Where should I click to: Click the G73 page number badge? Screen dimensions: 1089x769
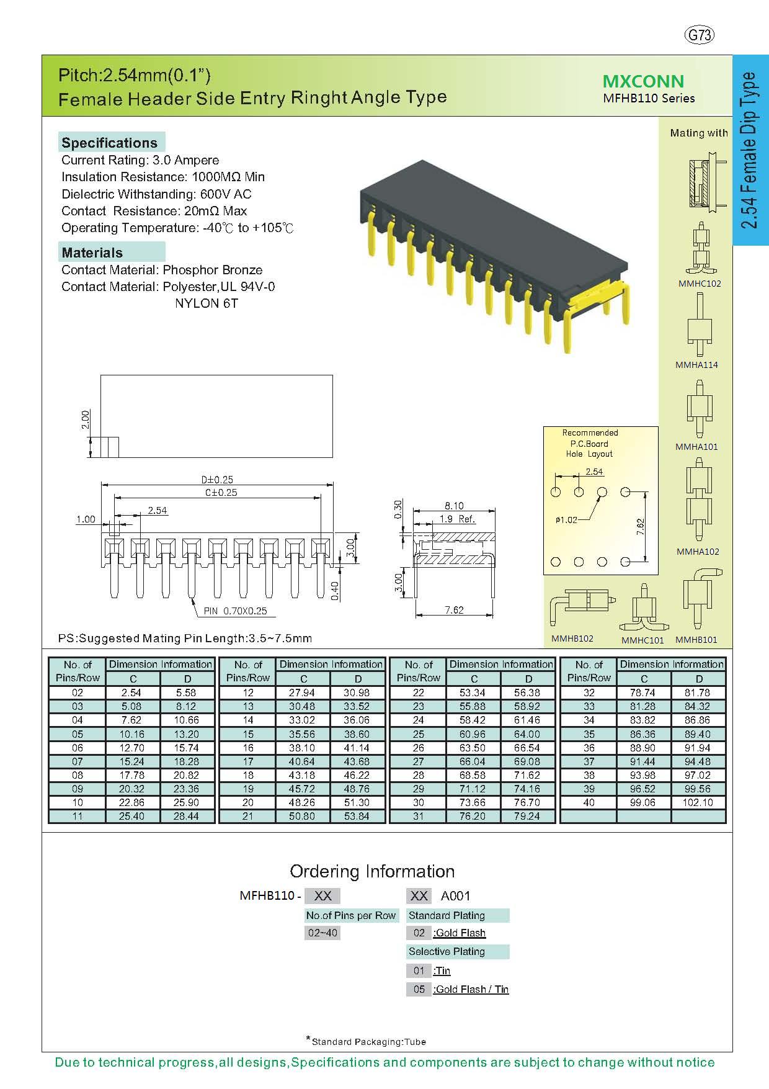[x=700, y=35]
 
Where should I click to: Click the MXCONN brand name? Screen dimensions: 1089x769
[x=643, y=81]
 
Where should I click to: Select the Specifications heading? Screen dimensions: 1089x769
[x=110, y=143]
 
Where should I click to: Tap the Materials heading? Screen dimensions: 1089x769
[x=92, y=253]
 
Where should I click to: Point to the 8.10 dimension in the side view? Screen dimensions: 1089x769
[x=454, y=506]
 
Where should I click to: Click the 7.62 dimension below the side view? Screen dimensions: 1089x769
[x=454, y=610]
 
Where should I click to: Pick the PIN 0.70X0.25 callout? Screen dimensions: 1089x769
[x=236, y=611]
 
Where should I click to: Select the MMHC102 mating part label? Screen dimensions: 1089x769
[x=700, y=284]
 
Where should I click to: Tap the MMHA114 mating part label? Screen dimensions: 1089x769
[x=696, y=365]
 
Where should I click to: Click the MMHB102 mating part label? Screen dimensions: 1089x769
[x=572, y=639]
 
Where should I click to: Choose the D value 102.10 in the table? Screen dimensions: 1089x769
[x=698, y=802]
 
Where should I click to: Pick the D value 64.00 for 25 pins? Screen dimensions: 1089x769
[x=527, y=734]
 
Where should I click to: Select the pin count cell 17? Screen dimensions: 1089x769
[x=248, y=761]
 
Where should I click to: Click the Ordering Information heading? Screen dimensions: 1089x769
[x=372, y=871]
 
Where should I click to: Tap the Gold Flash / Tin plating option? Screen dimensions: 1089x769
[x=471, y=989]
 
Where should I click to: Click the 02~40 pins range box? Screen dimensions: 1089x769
[x=322, y=933]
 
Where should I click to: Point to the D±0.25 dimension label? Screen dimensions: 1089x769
[x=217, y=480]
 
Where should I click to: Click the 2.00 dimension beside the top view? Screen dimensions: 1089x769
[x=86, y=419]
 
